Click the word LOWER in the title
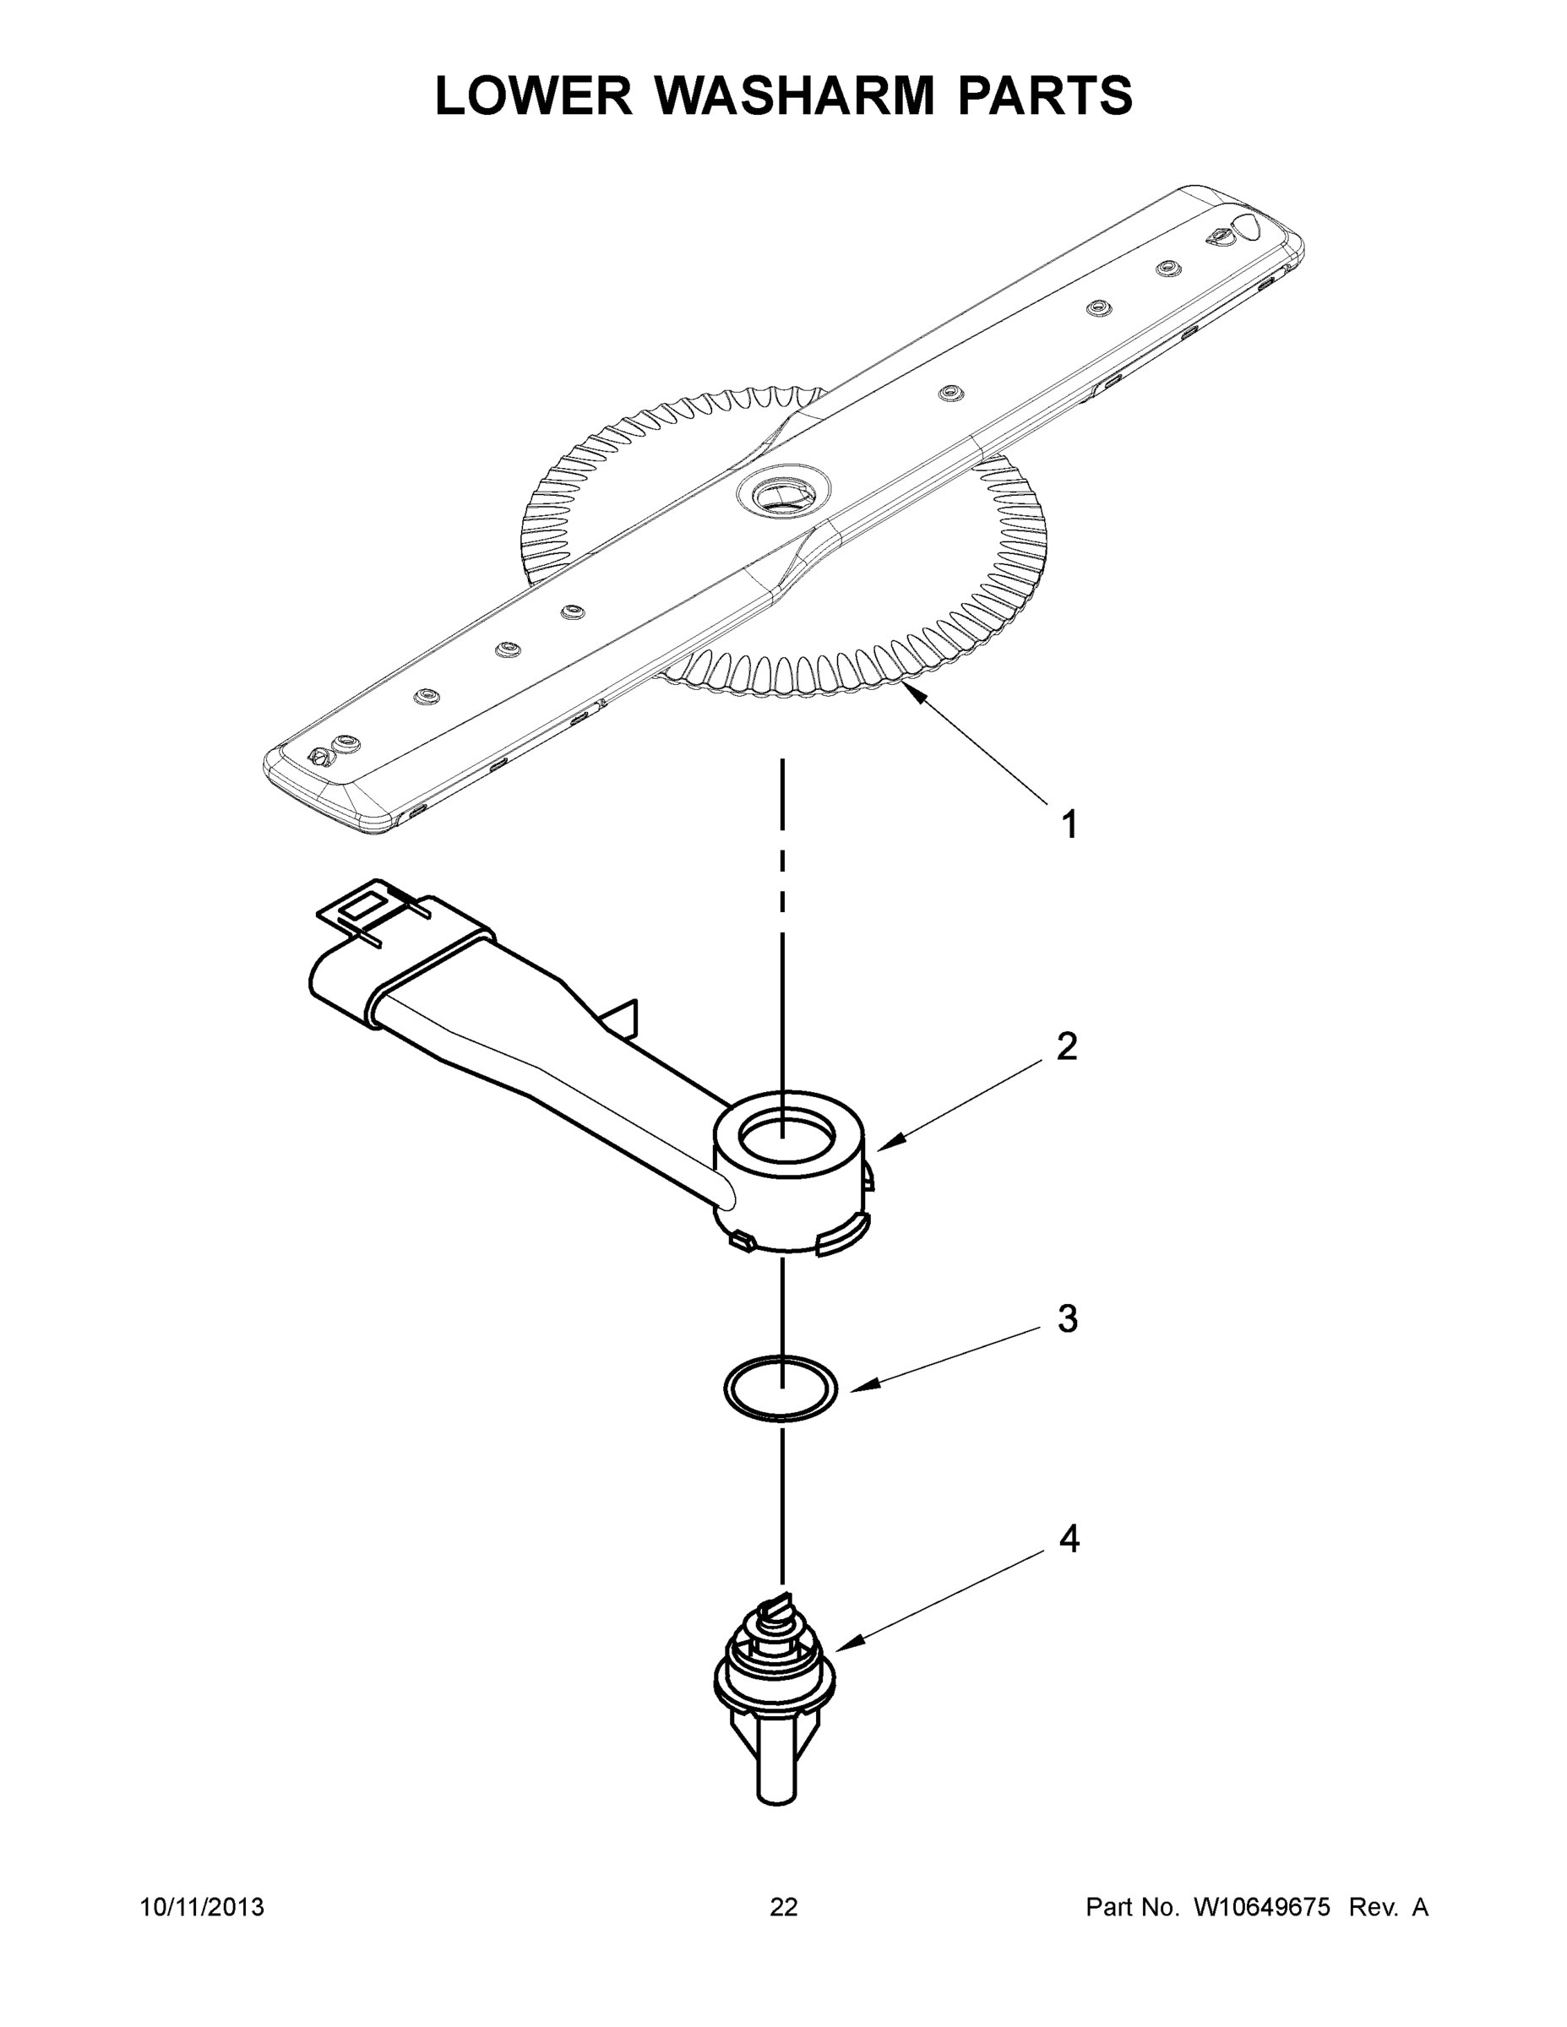pos(534,95)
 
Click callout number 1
pos(1069,824)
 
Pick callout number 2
pos(1067,1047)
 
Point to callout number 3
pos(1068,1318)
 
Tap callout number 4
pos(1069,1539)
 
